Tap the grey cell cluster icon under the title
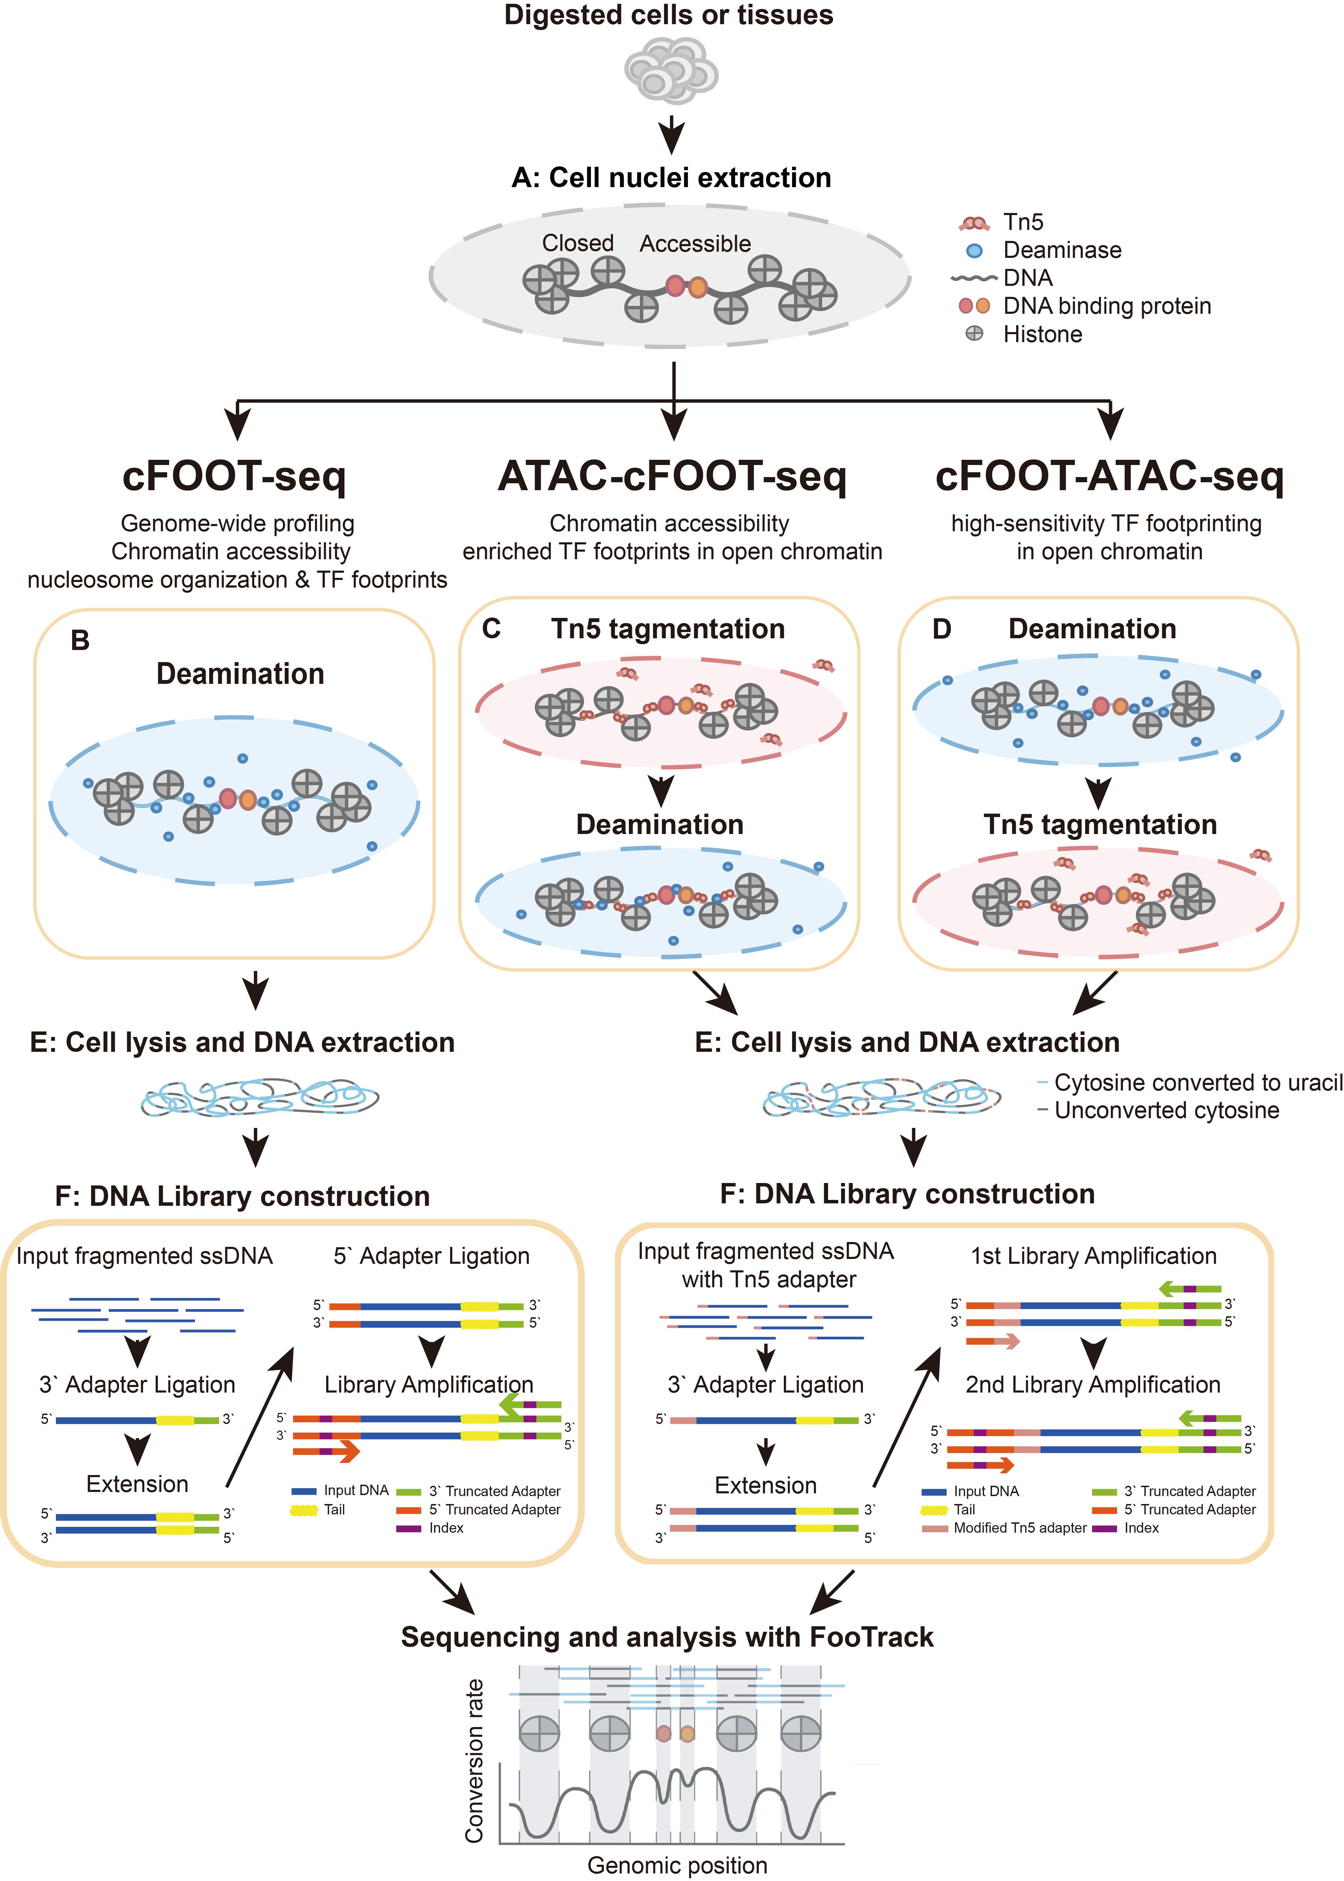670,73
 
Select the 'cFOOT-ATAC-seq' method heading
1109,477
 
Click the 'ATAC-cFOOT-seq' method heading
672,477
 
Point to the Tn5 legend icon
974,223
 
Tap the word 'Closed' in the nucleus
578,243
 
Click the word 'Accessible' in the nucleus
695,243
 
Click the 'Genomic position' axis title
677,1864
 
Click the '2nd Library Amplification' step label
1092,1385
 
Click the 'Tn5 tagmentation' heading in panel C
668,629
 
